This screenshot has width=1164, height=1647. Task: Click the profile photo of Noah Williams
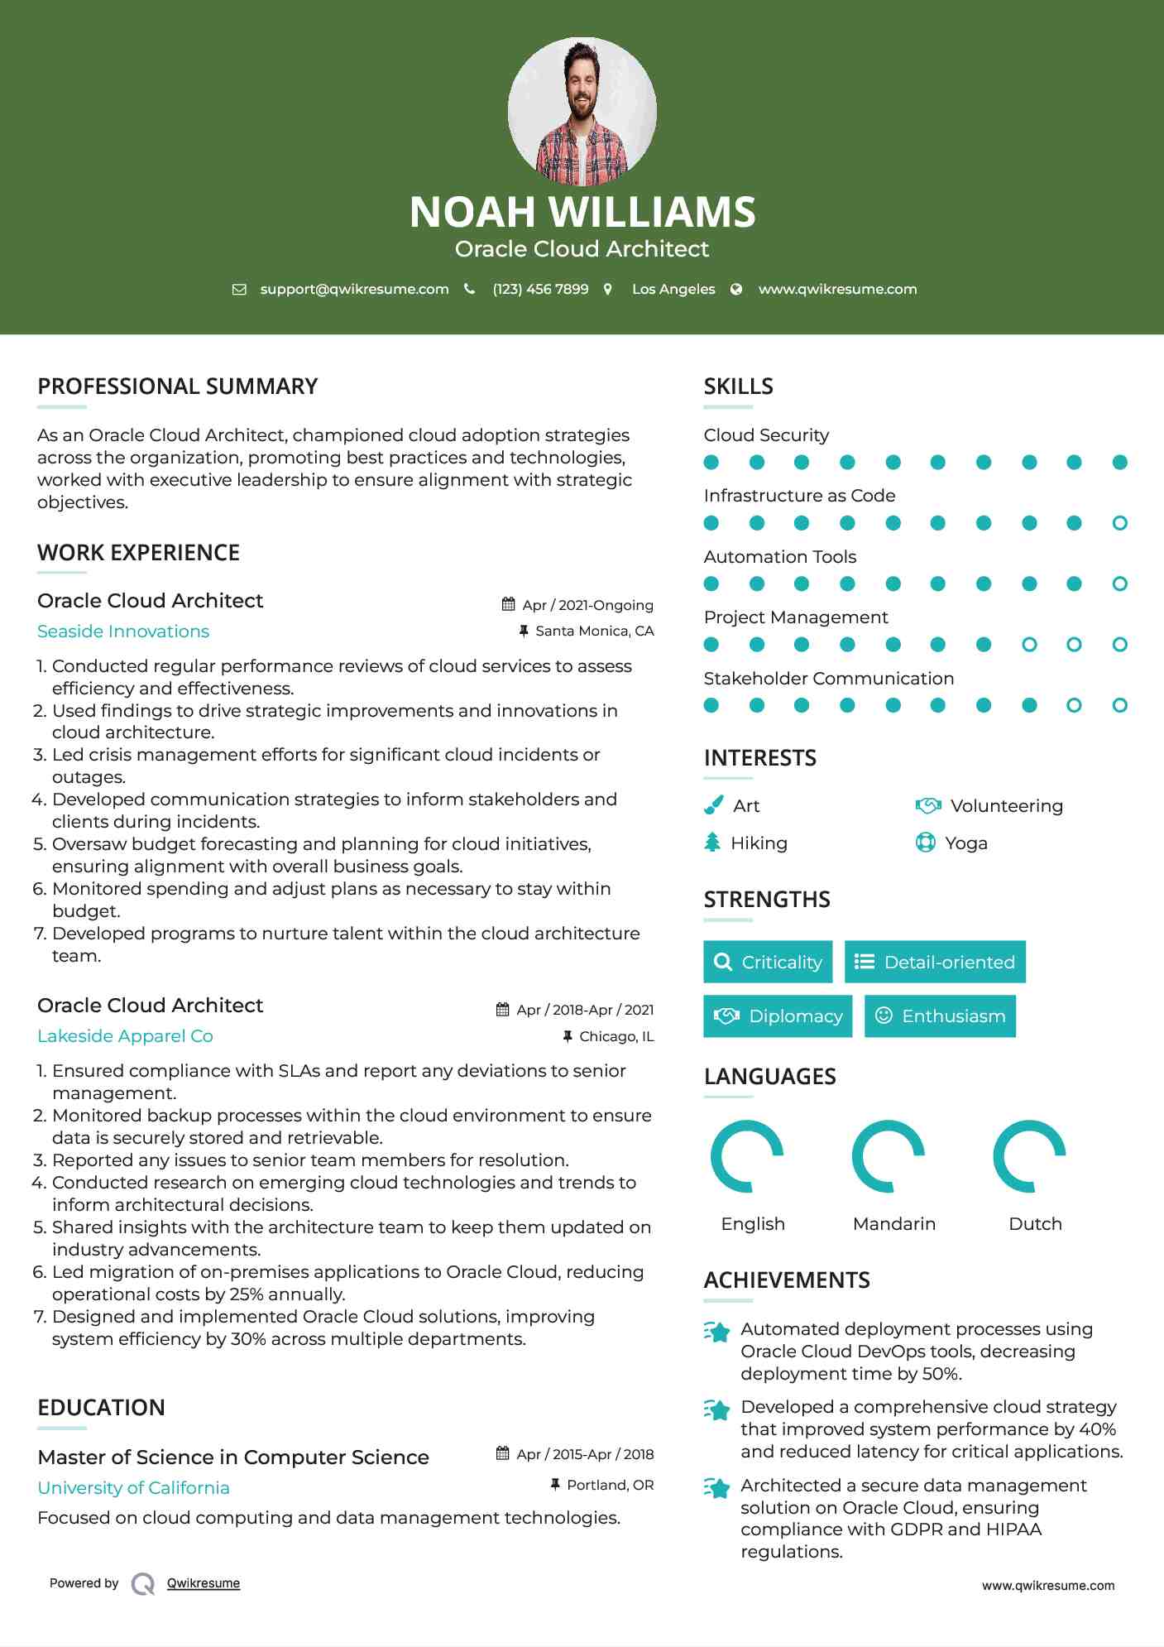click(582, 111)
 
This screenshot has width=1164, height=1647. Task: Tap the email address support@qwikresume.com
click(354, 290)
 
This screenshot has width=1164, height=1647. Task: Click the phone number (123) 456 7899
click(540, 290)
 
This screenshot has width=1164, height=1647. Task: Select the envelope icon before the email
click(239, 290)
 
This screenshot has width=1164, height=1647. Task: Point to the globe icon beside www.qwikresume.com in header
click(736, 290)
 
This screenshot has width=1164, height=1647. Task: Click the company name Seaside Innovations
click(123, 631)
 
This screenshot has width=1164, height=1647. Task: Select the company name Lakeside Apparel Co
click(125, 1036)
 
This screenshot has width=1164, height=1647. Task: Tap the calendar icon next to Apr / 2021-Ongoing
click(508, 605)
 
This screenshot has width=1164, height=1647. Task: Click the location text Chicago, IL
click(616, 1037)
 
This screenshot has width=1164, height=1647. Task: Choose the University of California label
click(133, 1488)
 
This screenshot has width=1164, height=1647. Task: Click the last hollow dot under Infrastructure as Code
click(1119, 523)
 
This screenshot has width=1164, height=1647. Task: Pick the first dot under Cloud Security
click(711, 463)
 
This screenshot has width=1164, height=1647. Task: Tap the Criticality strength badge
click(768, 962)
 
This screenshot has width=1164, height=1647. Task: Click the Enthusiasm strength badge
click(940, 1016)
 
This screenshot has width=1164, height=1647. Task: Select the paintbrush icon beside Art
click(713, 805)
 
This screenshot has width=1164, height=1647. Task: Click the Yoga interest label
click(966, 843)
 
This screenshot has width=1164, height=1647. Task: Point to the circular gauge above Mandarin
click(889, 1156)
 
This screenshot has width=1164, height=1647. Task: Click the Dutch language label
click(1035, 1224)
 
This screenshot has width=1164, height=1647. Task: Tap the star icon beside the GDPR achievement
click(717, 1488)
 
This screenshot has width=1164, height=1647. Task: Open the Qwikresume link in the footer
click(204, 1583)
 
